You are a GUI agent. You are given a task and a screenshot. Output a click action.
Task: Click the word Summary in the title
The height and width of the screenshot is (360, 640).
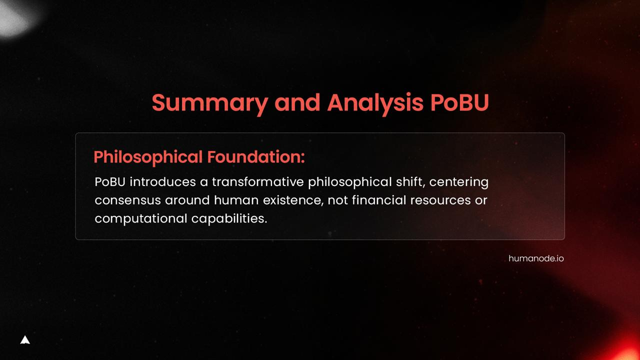pyautogui.click(x=210, y=103)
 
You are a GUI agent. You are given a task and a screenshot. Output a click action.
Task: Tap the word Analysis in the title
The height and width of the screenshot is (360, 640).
pyautogui.click(x=375, y=103)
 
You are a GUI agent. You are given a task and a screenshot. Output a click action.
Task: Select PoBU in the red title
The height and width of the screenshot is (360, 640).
pyautogui.click(x=459, y=102)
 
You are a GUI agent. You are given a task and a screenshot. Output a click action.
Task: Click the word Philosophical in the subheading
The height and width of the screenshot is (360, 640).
pyautogui.click(x=148, y=157)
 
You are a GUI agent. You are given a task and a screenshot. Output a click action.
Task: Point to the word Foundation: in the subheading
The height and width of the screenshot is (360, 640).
pyautogui.click(x=256, y=156)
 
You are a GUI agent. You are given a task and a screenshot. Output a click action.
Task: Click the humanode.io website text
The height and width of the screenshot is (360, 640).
pyautogui.click(x=536, y=258)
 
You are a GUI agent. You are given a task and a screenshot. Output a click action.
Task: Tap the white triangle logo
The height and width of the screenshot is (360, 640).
pyautogui.click(x=25, y=340)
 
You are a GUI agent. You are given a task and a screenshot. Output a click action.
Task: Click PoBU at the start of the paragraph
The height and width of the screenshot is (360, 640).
pyautogui.click(x=110, y=182)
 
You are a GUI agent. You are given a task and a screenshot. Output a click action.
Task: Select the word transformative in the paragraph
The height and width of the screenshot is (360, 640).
pyautogui.click(x=257, y=182)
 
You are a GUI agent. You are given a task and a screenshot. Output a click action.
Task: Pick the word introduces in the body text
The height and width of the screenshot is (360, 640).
pyautogui.click(x=163, y=182)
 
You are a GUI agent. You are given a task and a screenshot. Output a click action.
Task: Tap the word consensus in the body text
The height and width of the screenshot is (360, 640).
pyautogui.click(x=127, y=200)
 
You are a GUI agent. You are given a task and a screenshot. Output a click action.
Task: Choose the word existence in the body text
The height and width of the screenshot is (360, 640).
pyautogui.click(x=293, y=200)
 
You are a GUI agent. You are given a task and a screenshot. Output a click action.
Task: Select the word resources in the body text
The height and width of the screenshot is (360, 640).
pyautogui.click(x=440, y=200)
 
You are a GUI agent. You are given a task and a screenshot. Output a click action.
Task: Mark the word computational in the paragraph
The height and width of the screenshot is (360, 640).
pyautogui.click(x=141, y=219)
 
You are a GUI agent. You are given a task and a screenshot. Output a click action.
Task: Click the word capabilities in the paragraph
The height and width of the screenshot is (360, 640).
pyautogui.click(x=229, y=219)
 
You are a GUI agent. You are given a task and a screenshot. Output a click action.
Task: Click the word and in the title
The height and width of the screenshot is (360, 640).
pyautogui.click(x=297, y=102)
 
